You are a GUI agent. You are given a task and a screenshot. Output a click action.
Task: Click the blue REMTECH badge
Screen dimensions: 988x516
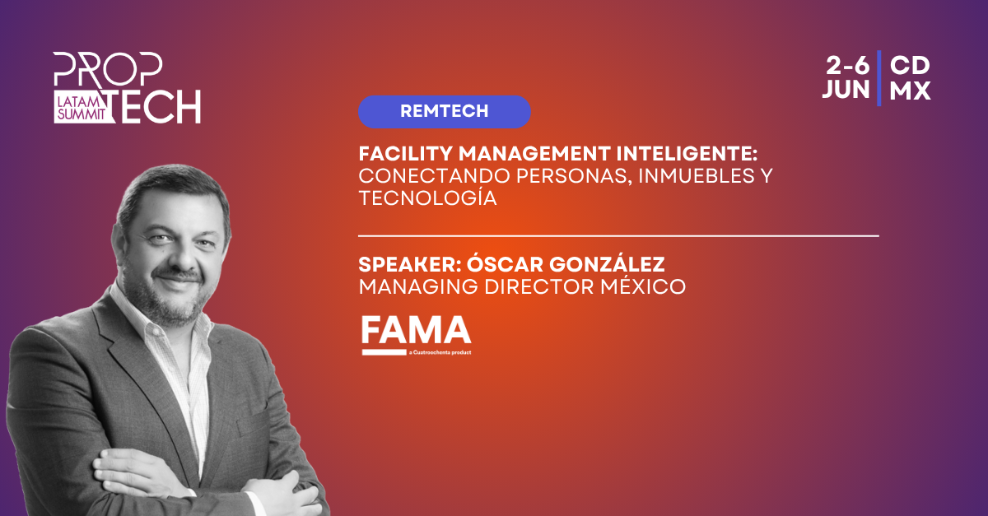(x=444, y=112)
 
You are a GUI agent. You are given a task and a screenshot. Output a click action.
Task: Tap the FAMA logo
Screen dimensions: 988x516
(x=417, y=335)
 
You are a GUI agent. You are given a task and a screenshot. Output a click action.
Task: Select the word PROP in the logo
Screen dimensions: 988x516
(x=108, y=69)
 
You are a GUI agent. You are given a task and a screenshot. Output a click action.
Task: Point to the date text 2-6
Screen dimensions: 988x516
(x=847, y=66)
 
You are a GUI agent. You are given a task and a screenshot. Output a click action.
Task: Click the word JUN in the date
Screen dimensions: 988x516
(x=846, y=90)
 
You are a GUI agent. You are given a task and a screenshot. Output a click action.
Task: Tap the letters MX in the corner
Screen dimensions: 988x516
(x=910, y=91)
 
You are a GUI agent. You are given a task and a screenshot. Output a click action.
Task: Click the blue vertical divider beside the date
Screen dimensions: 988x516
(x=879, y=78)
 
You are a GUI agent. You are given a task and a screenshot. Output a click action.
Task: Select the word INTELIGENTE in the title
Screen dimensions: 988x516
(x=687, y=154)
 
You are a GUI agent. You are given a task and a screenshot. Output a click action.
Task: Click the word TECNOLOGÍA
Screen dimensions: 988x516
(x=427, y=198)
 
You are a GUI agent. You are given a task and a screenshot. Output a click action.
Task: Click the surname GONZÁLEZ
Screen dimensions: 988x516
(x=607, y=264)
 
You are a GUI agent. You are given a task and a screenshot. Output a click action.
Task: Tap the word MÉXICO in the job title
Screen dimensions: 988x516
(x=643, y=286)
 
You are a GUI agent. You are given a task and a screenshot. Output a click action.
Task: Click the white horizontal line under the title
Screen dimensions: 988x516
(x=618, y=236)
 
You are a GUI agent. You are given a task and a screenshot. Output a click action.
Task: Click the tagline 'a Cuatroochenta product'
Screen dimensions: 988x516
(x=440, y=352)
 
